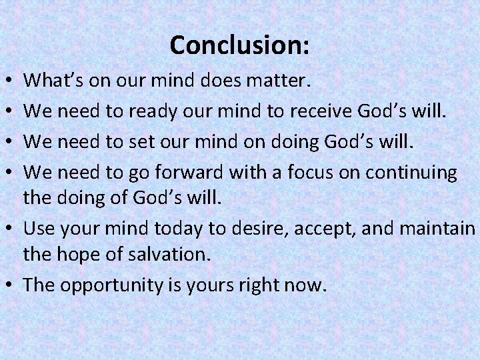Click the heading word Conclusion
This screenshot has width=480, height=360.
239,45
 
